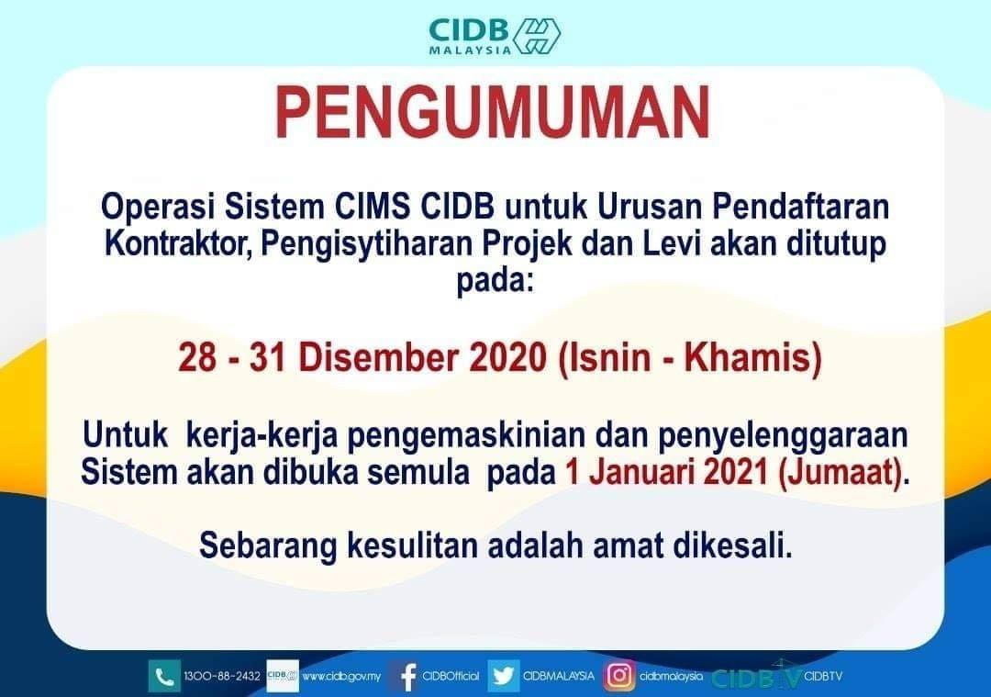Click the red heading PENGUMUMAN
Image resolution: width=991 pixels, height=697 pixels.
493,113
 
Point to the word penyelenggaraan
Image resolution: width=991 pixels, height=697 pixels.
783,436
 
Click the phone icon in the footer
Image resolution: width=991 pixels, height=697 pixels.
164,676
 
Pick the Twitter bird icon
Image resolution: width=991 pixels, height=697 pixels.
504,676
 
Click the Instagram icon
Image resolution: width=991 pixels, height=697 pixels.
619,676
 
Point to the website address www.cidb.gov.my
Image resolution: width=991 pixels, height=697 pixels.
341,676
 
